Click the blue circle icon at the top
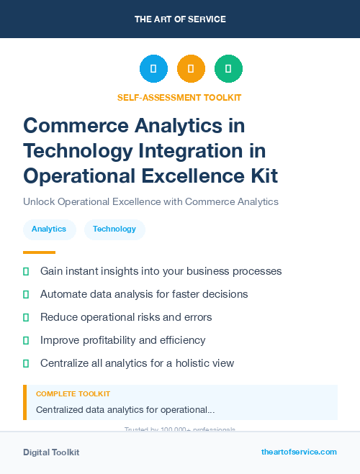pos(153,69)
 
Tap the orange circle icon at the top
pos(191,69)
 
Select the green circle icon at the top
pos(228,69)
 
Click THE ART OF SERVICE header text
pos(180,19)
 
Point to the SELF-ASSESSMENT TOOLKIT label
pos(179,97)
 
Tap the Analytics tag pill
pos(49,229)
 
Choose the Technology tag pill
pos(114,229)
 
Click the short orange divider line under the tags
pos(39,252)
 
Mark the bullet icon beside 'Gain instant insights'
pos(26,272)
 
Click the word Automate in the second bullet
pos(64,294)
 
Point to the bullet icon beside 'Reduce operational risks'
pos(26,317)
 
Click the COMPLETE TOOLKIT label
pos(73,394)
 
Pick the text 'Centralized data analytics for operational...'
pos(125,410)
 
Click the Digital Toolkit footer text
pos(51,452)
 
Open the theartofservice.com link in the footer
pos(299,452)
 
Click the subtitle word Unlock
pos(38,201)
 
